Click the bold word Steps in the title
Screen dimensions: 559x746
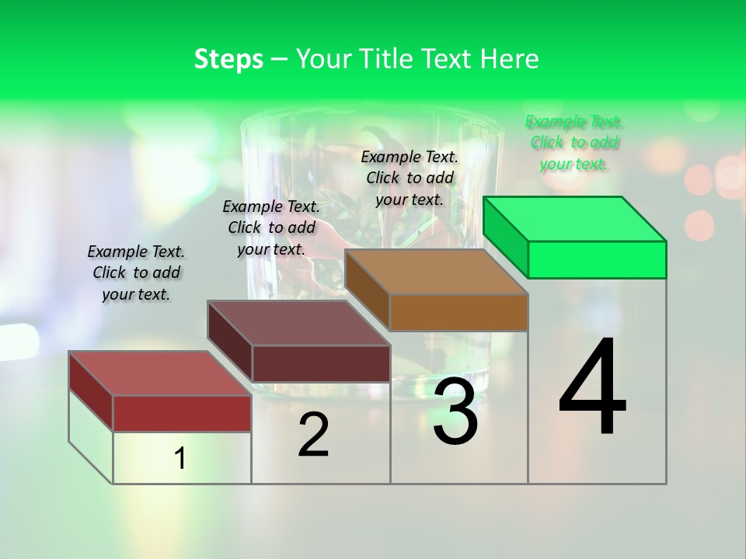coord(228,59)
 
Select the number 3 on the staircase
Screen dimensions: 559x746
coord(455,411)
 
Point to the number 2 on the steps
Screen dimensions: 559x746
coord(313,435)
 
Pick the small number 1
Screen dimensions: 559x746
coord(180,458)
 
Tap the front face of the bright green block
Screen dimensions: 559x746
coord(597,259)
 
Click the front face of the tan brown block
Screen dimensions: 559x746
coord(458,312)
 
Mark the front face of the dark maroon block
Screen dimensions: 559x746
coord(320,363)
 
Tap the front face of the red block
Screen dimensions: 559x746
coord(182,413)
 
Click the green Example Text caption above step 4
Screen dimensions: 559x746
coord(574,143)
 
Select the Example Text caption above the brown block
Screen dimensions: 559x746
coord(410,178)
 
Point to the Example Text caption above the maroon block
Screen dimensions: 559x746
coord(271,227)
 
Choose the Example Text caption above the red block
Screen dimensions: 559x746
coord(136,273)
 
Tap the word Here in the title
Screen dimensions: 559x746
coord(514,59)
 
